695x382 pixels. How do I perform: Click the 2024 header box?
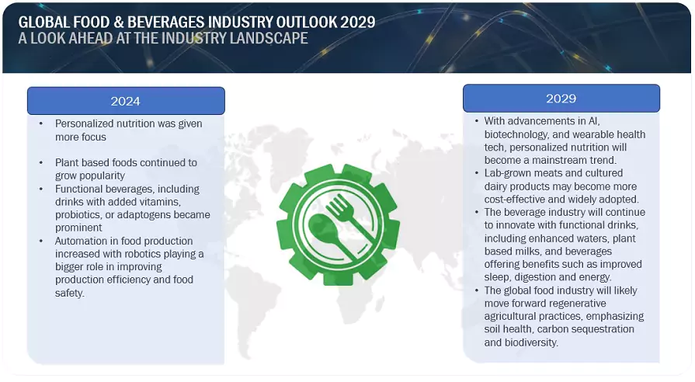click(x=126, y=101)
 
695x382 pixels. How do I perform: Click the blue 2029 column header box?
click(x=561, y=99)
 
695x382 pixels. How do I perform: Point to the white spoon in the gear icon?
click(x=325, y=232)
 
